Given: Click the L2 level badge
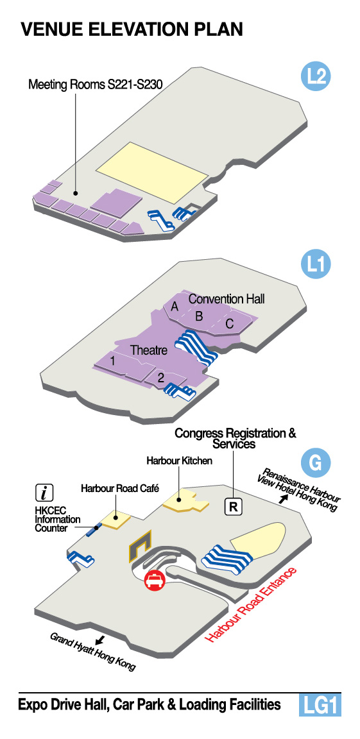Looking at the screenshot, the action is click(316, 77).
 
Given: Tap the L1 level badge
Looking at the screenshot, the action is click(316, 266).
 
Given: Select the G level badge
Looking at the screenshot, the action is click(316, 463).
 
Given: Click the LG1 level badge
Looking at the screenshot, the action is click(320, 705).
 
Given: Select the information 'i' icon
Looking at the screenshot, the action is click(44, 493).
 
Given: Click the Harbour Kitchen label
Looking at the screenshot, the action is click(179, 461).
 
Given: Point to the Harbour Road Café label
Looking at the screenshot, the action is click(120, 488).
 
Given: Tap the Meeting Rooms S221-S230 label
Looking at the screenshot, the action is click(95, 85).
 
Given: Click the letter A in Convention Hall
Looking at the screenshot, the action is click(175, 307).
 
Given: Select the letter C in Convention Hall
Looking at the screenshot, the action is click(230, 324).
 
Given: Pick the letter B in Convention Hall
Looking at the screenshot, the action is click(199, 316).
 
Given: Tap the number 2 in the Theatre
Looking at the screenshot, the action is click(160, 377).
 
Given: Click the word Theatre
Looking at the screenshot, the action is click(149, 350).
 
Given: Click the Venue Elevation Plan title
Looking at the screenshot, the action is click(132, 30).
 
